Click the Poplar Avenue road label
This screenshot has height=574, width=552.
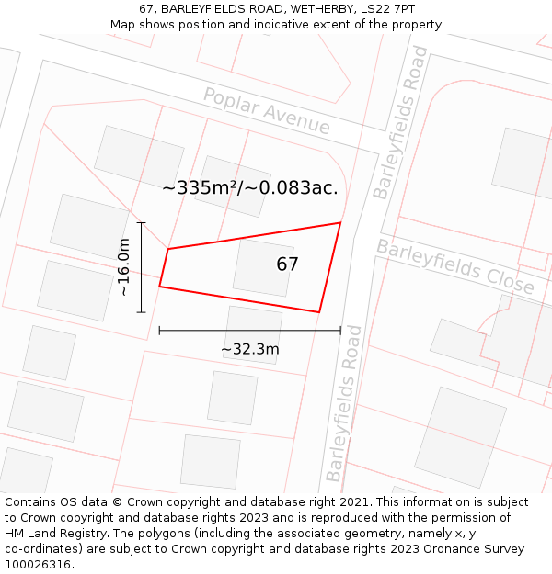266,110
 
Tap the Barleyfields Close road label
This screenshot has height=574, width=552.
455,266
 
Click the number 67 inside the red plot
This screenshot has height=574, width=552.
288,264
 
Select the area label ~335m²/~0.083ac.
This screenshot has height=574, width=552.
250,188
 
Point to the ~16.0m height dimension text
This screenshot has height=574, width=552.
124,266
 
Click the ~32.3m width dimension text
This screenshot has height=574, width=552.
250,349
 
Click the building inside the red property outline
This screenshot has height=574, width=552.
263,267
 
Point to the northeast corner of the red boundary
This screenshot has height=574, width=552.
340,223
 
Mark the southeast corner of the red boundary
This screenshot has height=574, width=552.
319,312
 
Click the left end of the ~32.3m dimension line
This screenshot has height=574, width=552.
159,331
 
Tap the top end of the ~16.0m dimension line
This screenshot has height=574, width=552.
141,222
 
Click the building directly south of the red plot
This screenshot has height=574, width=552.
253,333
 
